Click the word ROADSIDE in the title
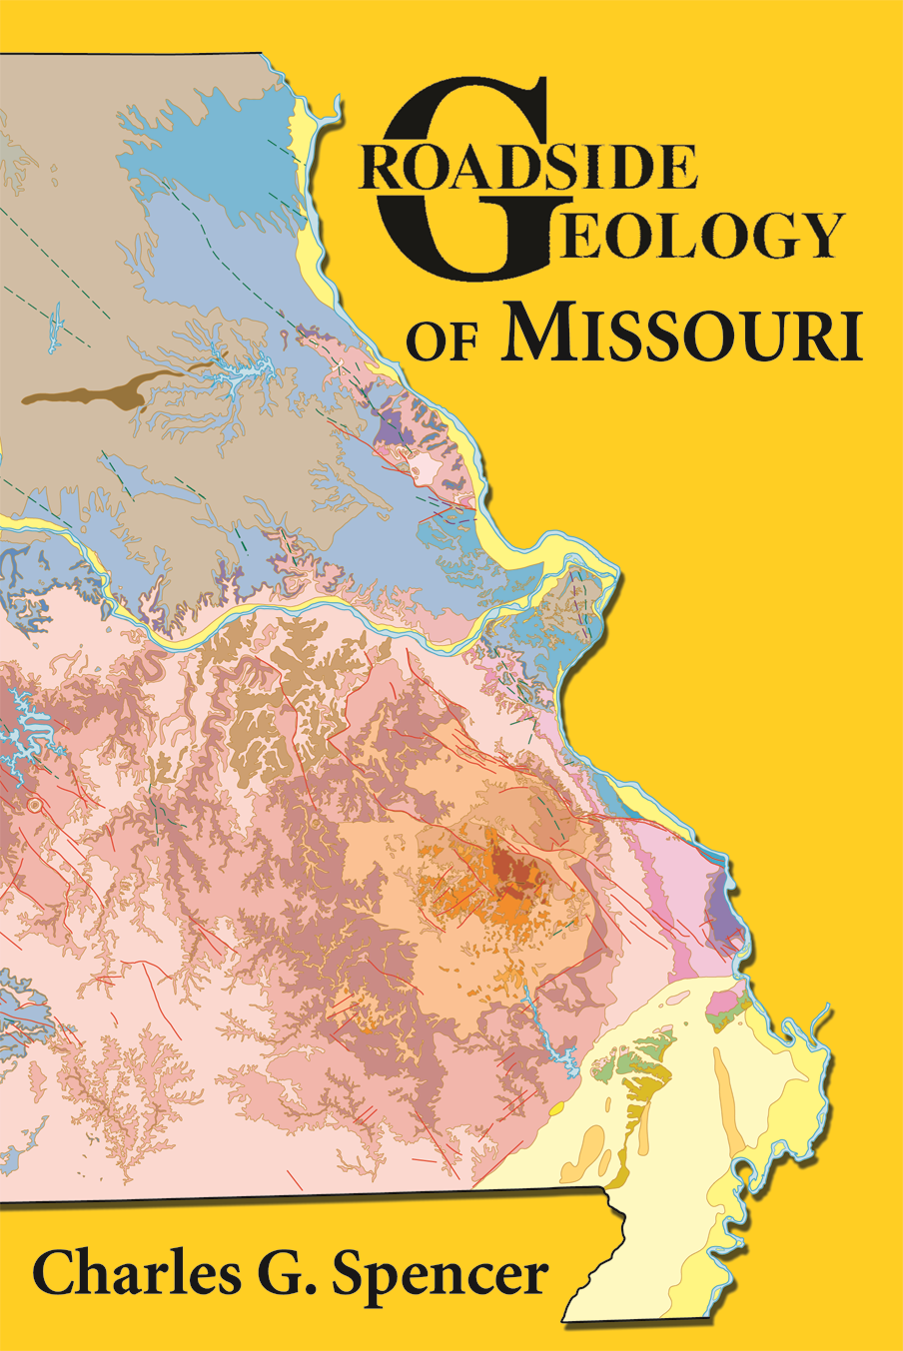(x=529, y=167)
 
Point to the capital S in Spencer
(x=354, y=1274)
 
